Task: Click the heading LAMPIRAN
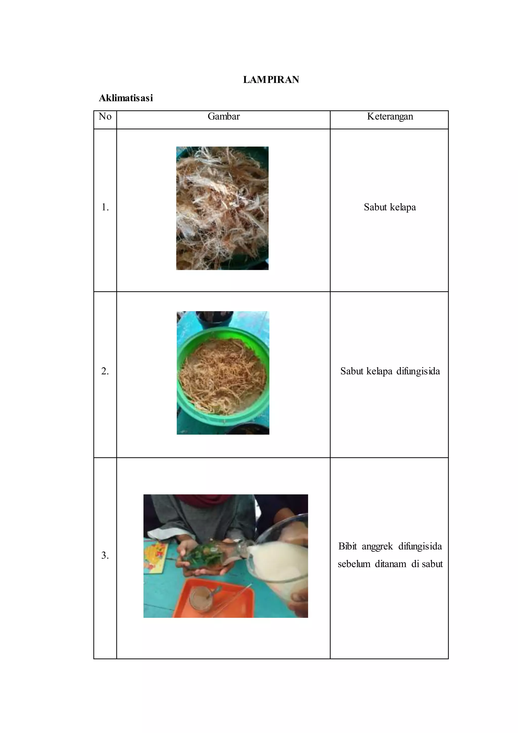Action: [271, 79]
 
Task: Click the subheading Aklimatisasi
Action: [126, 98]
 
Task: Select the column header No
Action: [105, 116]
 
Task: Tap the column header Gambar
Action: [223, 116]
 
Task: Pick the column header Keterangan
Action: [390, 116]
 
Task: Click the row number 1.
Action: [105, 208]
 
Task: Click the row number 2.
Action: [105, 371]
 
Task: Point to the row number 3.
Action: [105, 556]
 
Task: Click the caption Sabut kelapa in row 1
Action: [390, 207]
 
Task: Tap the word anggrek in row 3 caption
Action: [377, 546]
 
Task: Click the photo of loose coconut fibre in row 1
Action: [222, 208]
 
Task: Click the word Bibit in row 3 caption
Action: [347, 546]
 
